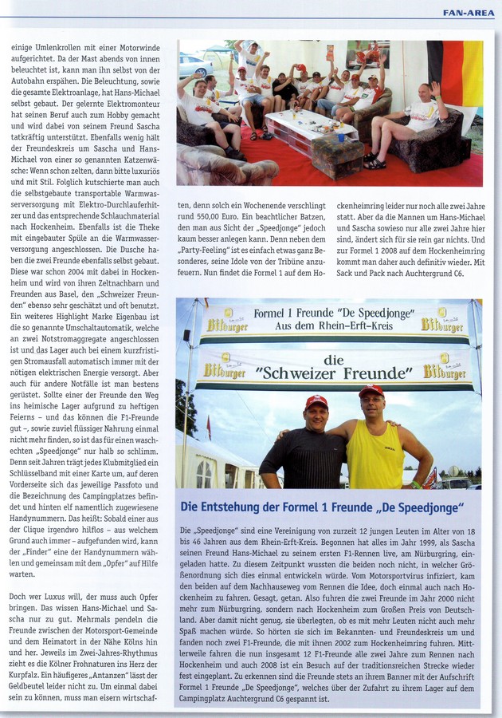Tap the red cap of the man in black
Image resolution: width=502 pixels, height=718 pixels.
(x=316, y=400)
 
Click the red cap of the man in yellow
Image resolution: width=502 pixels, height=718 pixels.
(x=371, y=390)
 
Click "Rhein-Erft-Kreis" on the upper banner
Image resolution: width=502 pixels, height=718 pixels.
(x=346, y=327)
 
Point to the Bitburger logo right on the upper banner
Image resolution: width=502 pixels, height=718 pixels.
(x=442, y=322)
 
